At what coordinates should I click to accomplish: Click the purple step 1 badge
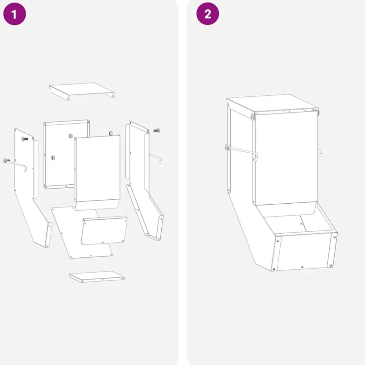[x=15, y=14]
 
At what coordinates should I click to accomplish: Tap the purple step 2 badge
[x=208, y=14]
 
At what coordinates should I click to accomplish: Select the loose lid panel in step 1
[x=81, y=91]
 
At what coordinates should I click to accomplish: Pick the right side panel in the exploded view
[x=143, y=179]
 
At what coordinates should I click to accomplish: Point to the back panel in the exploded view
[x=66, y=154]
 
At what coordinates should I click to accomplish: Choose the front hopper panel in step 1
[x=97, y=172]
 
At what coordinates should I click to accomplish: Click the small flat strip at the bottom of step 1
[x=96, y=277]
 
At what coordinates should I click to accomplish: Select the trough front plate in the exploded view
[x=104, y=230]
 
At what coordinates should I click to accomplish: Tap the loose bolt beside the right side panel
[x=157, y=130]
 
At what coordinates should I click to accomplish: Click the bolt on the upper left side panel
[x=24, y=139]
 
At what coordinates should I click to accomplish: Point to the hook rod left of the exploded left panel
[x=15, y=164]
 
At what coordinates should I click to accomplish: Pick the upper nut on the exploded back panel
[x=70, y=136]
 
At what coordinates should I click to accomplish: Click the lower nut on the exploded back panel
[x=53, y=158]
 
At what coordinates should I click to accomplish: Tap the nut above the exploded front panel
[x=111, y=134]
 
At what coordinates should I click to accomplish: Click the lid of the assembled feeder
[x=272, y=104]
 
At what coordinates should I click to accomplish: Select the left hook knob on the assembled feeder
[x=227, y=147]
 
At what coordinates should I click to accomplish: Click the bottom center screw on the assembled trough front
[x=302, y=267]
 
